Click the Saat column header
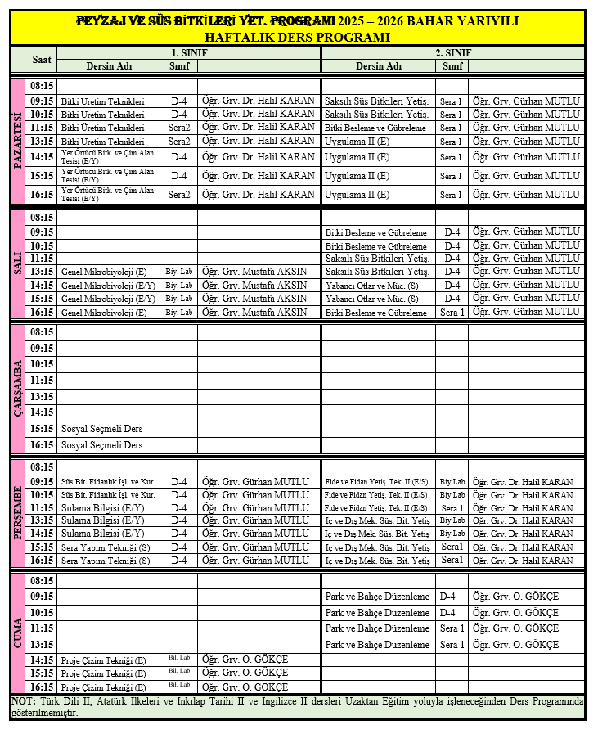point(41,60)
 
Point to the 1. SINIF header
point(187,52)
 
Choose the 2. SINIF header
point(452,52)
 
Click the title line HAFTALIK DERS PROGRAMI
point(299,37)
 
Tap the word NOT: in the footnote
point(23,701)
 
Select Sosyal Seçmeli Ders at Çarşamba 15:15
point(101,429)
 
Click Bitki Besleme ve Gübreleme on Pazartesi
point(375,128)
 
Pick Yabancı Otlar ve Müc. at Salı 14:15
point(371,286)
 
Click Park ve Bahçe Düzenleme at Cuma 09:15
point(377,597)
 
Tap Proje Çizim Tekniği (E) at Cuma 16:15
point(103,687)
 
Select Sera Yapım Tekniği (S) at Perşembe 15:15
point(106,547)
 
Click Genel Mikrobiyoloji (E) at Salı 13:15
point(104,272)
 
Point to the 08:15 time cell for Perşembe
point(41,467)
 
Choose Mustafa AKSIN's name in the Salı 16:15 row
point(254,312)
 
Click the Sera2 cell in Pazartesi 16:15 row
point(179,195)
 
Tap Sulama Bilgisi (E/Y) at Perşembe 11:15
point(102,508)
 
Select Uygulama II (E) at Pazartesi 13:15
point(357,142)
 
